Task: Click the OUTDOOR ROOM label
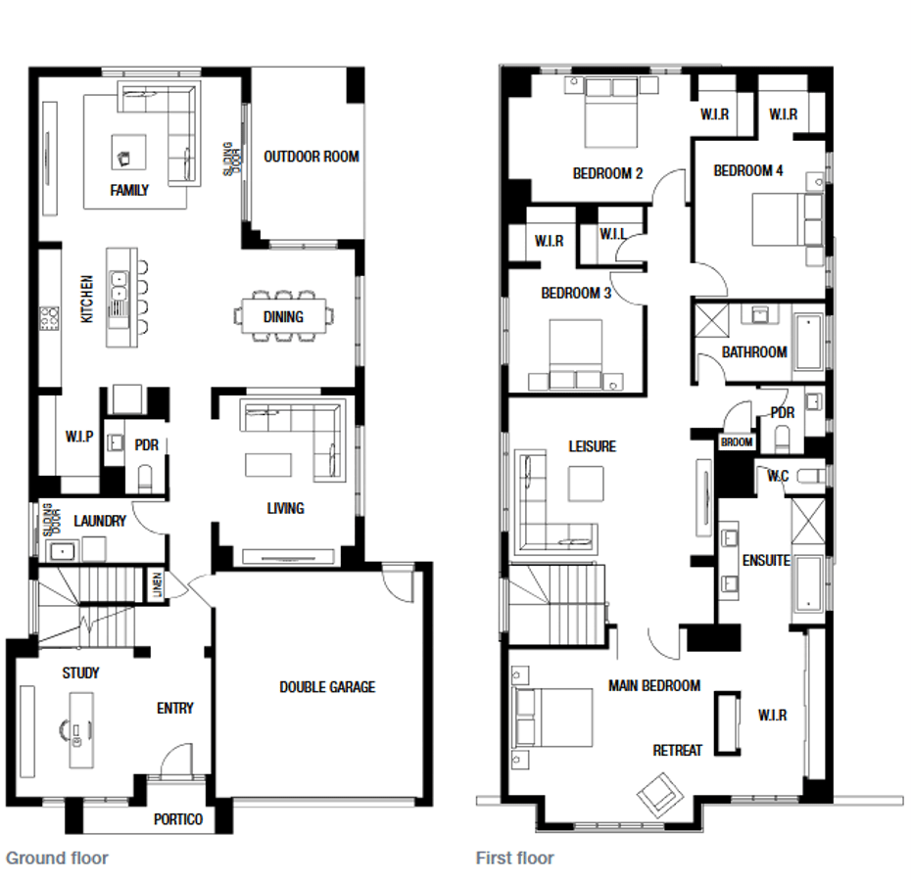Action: tap(312, 157)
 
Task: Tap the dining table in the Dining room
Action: tap(283, 316)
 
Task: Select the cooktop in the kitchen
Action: tap(49, 318)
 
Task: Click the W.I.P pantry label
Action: tap(79, 437)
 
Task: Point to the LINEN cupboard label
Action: tap(158, 584)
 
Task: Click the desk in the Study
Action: tap(81, 729)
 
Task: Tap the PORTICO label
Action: tap(178, 819)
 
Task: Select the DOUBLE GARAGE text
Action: tap(327, 687)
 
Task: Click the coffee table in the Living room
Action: tap(268, 465)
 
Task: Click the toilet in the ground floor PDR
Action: tap(145, 478)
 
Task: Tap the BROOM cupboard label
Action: tap(737, 441)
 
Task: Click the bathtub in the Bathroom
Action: tap(809, 343)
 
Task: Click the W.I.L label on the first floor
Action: tap(613, 234)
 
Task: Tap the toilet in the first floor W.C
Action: tap(810, 476)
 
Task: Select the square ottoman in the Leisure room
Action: tap(586, 484)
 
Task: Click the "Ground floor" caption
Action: tap(57, 858)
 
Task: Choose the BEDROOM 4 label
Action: tap(748, 170)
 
